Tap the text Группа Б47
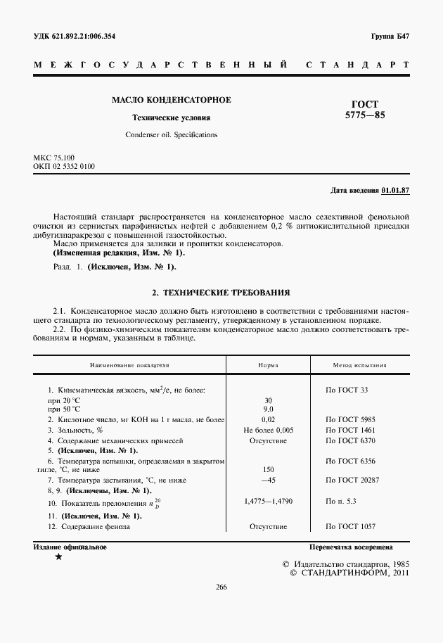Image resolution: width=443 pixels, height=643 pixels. tap(390, 36)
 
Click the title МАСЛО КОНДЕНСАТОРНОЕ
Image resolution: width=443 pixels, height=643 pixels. tap(172, 100)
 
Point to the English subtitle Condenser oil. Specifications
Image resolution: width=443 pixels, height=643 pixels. tap(172, 134)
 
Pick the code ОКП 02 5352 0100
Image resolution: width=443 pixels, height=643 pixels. tap(64, 166)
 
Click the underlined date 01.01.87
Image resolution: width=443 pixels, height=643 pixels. tap(396, 190)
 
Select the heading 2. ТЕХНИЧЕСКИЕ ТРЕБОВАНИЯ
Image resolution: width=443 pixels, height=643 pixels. tap(221, 291)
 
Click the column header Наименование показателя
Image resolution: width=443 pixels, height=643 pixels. tap(129, 366)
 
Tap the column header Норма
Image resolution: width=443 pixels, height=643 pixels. tap(268, 366)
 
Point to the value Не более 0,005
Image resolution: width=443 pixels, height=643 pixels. tap(268, 430)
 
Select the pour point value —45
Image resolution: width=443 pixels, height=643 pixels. tap(268, 480)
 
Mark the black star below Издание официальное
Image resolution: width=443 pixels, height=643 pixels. tap(58, 557)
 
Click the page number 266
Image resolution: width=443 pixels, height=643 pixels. tap(221, 587)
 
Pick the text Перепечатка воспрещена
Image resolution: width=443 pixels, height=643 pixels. tap(351, 547)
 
